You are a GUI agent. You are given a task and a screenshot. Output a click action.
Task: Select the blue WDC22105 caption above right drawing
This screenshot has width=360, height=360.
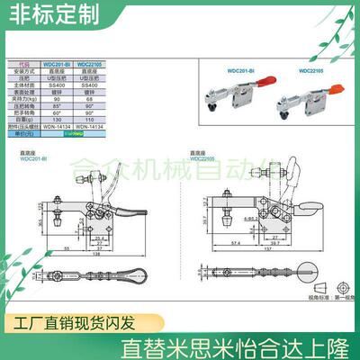point(204,159)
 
